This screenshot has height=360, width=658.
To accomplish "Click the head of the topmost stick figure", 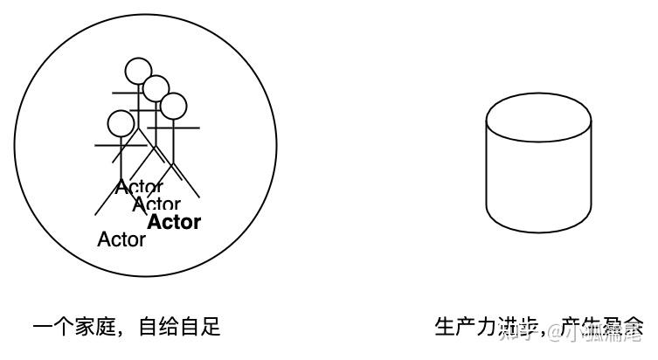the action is (137, 70).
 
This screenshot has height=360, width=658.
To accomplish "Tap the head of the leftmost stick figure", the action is (121, 123).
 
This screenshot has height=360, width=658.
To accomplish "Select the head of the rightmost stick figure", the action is (173, 106).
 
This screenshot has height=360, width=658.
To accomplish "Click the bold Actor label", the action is (174, 222).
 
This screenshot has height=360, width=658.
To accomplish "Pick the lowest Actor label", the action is (121, 239).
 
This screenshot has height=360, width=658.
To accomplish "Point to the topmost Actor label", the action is (139, 187).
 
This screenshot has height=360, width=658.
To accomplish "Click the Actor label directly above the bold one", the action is (156, 204).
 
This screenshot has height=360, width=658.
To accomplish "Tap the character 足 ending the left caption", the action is (211, 329).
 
